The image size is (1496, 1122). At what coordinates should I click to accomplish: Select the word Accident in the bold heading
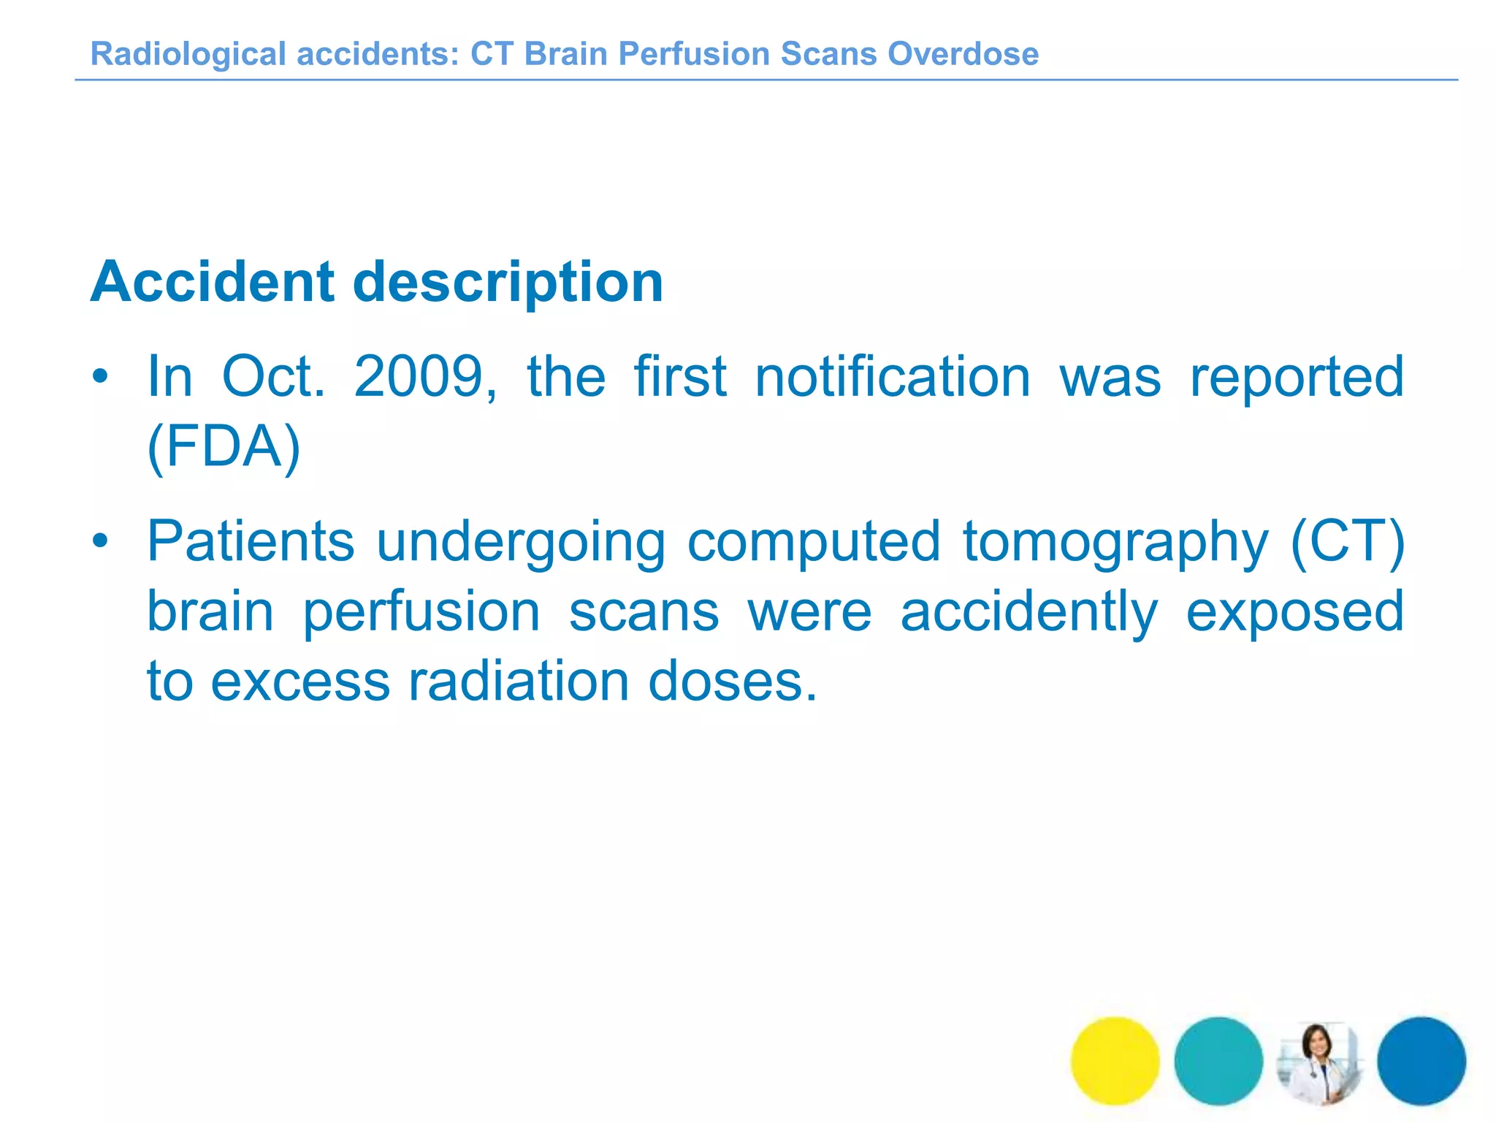[213, 282]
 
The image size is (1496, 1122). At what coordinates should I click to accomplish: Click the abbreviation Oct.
[273, 377]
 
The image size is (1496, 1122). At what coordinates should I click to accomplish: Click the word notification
[892, 377]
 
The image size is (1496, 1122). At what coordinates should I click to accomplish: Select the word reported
[1297, 377]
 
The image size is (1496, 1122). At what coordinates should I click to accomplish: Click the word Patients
[251, 541]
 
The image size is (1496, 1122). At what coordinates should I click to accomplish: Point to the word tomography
[1115, 541]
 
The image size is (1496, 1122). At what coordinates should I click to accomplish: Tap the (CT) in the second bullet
[1348, 541]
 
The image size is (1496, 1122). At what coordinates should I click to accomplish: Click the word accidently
[1028, 612]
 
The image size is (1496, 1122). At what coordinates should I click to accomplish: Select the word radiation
[519, 682]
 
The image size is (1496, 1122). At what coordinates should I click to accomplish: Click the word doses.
[732, 682]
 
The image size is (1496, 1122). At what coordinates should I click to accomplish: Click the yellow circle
[1115, 1061]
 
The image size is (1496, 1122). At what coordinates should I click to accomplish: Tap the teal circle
[1218, 1061]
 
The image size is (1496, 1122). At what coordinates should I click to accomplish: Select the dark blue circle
[1421, 1061]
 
